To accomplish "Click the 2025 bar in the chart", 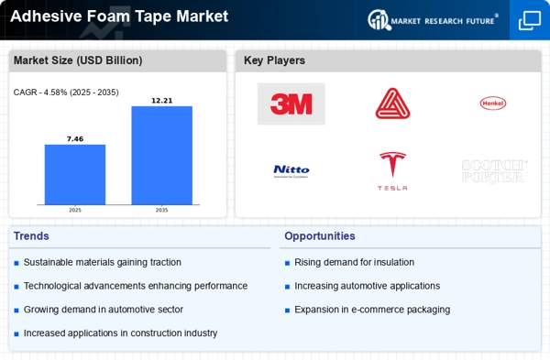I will point(75,174).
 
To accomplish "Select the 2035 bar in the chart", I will point(161,155).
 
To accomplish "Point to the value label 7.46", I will point(75,138).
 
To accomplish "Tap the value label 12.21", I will point(161,100).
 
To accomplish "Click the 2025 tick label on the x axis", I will point(75,210).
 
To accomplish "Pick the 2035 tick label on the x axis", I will point(161,210).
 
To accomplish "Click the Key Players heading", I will point(274,60).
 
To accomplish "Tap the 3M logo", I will point(291,104).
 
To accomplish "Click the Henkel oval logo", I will point(492,104).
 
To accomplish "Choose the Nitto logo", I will point(291,169).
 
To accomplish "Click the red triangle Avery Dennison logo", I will point(392,104).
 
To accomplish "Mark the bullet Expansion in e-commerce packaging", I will point(371,310).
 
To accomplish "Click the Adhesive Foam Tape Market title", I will point(119,16).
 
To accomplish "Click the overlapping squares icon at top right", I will point(529,20).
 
